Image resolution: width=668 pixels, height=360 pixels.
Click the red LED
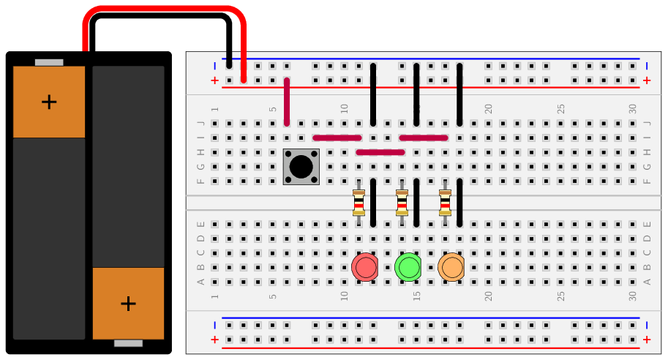(x=365, y=267)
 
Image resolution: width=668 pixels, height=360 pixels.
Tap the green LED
(x=408, y=267)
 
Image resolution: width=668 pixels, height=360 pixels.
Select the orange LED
(x=451, y=267)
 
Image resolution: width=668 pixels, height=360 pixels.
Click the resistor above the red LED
(x=359, y=203)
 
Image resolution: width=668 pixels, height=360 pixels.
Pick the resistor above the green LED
(x=402, y=203)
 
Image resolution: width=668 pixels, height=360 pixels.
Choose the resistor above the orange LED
(x=445, y=203)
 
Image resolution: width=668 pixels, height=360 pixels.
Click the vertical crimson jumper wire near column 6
(x=287, y=102)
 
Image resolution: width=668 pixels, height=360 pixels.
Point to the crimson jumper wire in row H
(x=380, y=152)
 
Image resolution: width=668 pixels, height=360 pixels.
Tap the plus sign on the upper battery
(x=49, y=102)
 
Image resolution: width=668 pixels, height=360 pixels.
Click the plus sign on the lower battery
(x=128, y=304)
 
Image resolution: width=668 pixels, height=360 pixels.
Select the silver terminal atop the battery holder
(x=49, y=63)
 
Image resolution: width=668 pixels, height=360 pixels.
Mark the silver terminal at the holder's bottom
(x=128, y=343)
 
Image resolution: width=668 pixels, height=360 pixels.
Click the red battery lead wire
(x=165, y=9)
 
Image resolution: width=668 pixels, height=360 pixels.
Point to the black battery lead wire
(x=161, y=16)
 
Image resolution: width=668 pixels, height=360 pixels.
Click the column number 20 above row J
(x=488, y=108)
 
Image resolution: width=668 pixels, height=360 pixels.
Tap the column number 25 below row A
(x=560, y=296)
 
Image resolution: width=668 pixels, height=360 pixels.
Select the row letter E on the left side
(x=201, y=224)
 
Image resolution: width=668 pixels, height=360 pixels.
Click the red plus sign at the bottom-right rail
(x=647, y=340)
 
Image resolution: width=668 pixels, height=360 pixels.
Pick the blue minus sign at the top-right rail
(x=647, y=66)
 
